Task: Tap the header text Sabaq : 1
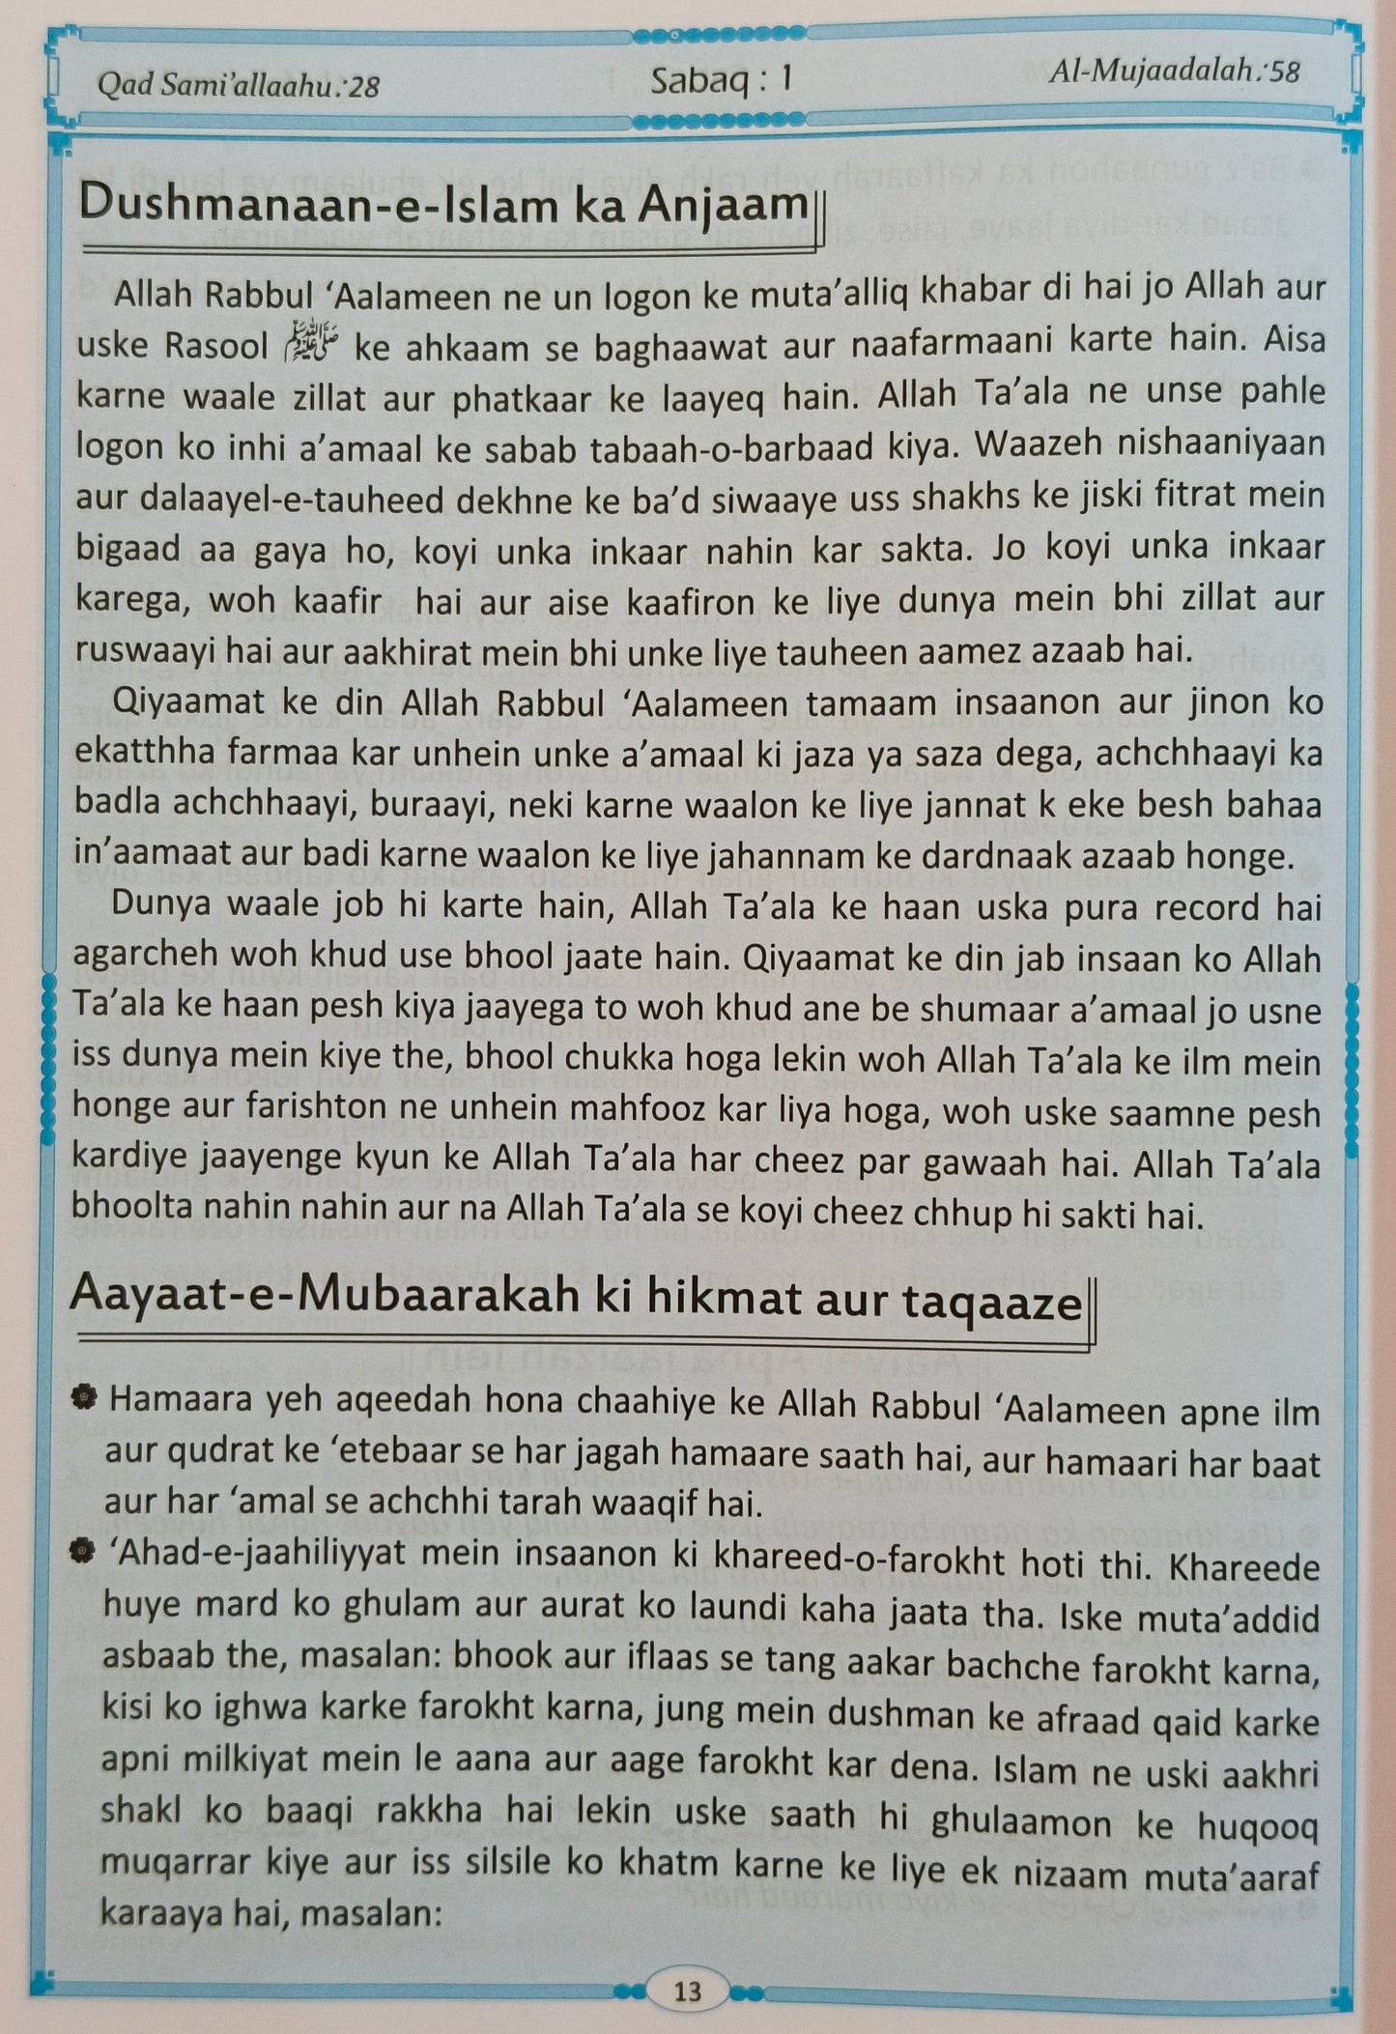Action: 721,80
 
